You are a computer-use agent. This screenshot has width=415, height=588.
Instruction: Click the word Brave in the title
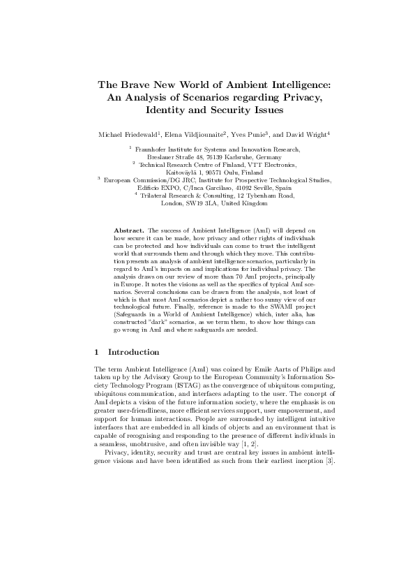(137, 84)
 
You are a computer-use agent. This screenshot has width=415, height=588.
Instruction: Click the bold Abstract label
(128, 229)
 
